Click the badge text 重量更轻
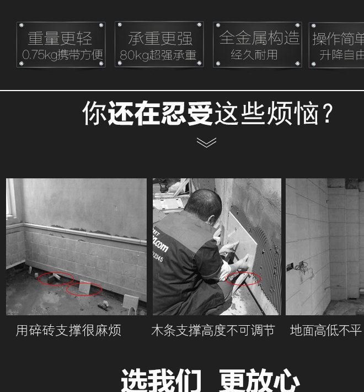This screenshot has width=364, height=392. tap(60, 38)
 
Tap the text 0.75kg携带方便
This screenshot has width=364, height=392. tap(62, 55)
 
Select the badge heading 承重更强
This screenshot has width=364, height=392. tap(159, 38)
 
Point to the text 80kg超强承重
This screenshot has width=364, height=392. tap(158, 55)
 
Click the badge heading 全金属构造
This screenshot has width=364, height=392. tap(258, 38)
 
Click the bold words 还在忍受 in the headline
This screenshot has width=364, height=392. tap(160, 113)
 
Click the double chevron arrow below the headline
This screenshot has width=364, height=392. tap(206, 143)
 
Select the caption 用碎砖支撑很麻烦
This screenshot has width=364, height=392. tap(68, 331)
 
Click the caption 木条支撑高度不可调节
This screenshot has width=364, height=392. tap(213, 331)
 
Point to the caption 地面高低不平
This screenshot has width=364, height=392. tap(325, 331)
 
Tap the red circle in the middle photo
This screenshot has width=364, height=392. tap(243, 278)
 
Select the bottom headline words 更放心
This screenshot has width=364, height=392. tap(259, 381)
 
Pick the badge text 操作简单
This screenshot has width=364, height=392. tap(338, 39)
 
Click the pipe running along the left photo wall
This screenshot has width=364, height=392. tap(83, 231)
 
